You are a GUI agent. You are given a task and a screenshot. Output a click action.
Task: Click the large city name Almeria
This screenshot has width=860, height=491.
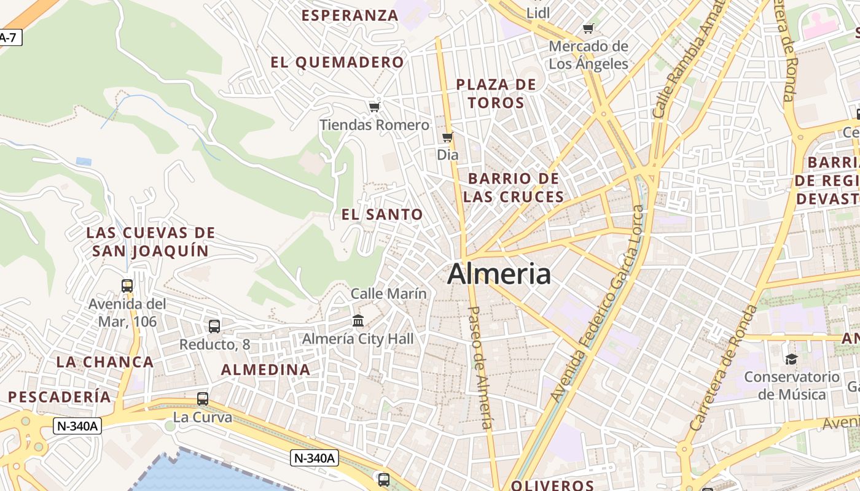(x=499, y=274)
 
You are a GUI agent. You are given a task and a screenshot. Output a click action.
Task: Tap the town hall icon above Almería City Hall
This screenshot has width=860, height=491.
(x=358, y=320)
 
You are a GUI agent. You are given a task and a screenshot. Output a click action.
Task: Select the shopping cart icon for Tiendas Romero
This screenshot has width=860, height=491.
(x=374, y=107)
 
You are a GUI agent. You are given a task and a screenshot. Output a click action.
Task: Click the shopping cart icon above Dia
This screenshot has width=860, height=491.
(x=448, y=137)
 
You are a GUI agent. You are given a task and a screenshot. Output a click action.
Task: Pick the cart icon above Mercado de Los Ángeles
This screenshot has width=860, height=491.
(x=588, y=28)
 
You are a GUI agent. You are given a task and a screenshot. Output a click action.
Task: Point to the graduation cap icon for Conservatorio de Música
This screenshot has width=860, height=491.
(x=791, y=359)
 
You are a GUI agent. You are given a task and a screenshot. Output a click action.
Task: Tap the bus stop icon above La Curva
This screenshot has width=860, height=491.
(x=203, y=399)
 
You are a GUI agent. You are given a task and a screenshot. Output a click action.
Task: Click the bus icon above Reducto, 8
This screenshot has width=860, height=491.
(x=214, y=327)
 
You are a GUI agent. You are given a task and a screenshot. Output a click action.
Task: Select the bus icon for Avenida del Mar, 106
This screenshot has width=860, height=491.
(x=127, y=286)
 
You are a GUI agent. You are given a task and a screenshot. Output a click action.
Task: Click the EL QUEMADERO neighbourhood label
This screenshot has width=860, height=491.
(x=337, y=63)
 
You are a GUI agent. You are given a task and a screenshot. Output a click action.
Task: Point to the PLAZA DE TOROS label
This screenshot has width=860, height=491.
(x=496, y=93)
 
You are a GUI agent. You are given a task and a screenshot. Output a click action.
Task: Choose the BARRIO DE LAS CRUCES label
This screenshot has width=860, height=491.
(x=514, y=188)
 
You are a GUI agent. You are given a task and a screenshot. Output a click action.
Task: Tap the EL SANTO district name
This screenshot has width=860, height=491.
(x=382, y=215)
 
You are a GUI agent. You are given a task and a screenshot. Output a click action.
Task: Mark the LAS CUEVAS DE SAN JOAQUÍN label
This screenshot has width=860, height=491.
(x=151, y=242)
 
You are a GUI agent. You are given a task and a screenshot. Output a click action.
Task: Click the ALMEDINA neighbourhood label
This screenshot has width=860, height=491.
(x=265, y=370)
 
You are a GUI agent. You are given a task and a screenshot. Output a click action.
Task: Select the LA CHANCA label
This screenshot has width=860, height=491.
(x=105, y=362)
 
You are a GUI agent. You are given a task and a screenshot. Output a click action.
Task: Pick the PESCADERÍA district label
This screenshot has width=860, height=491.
(x=60, y=397)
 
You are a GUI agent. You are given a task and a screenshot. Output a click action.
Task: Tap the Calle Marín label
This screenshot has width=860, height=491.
(x=388, y=294)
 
